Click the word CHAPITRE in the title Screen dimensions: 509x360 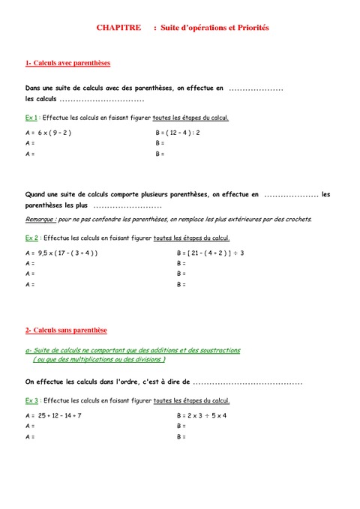tap(118, 28)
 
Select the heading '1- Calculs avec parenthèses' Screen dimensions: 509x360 tap(67, 64)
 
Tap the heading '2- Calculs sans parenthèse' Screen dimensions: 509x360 tap(66, 330)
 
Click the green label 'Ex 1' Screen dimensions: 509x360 tap(31, 118)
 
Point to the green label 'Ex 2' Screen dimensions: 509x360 tap(31, 238)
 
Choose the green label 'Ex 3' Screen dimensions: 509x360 tap(31, 401)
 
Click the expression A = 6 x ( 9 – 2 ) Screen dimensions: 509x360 tap(48, 133)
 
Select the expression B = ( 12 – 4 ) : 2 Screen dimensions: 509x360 tap(178, 133)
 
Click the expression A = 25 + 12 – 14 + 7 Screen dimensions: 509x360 tap(53, 415)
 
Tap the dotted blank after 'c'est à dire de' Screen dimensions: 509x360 tap(247, 383)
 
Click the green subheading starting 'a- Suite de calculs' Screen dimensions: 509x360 tap(133, 350)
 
